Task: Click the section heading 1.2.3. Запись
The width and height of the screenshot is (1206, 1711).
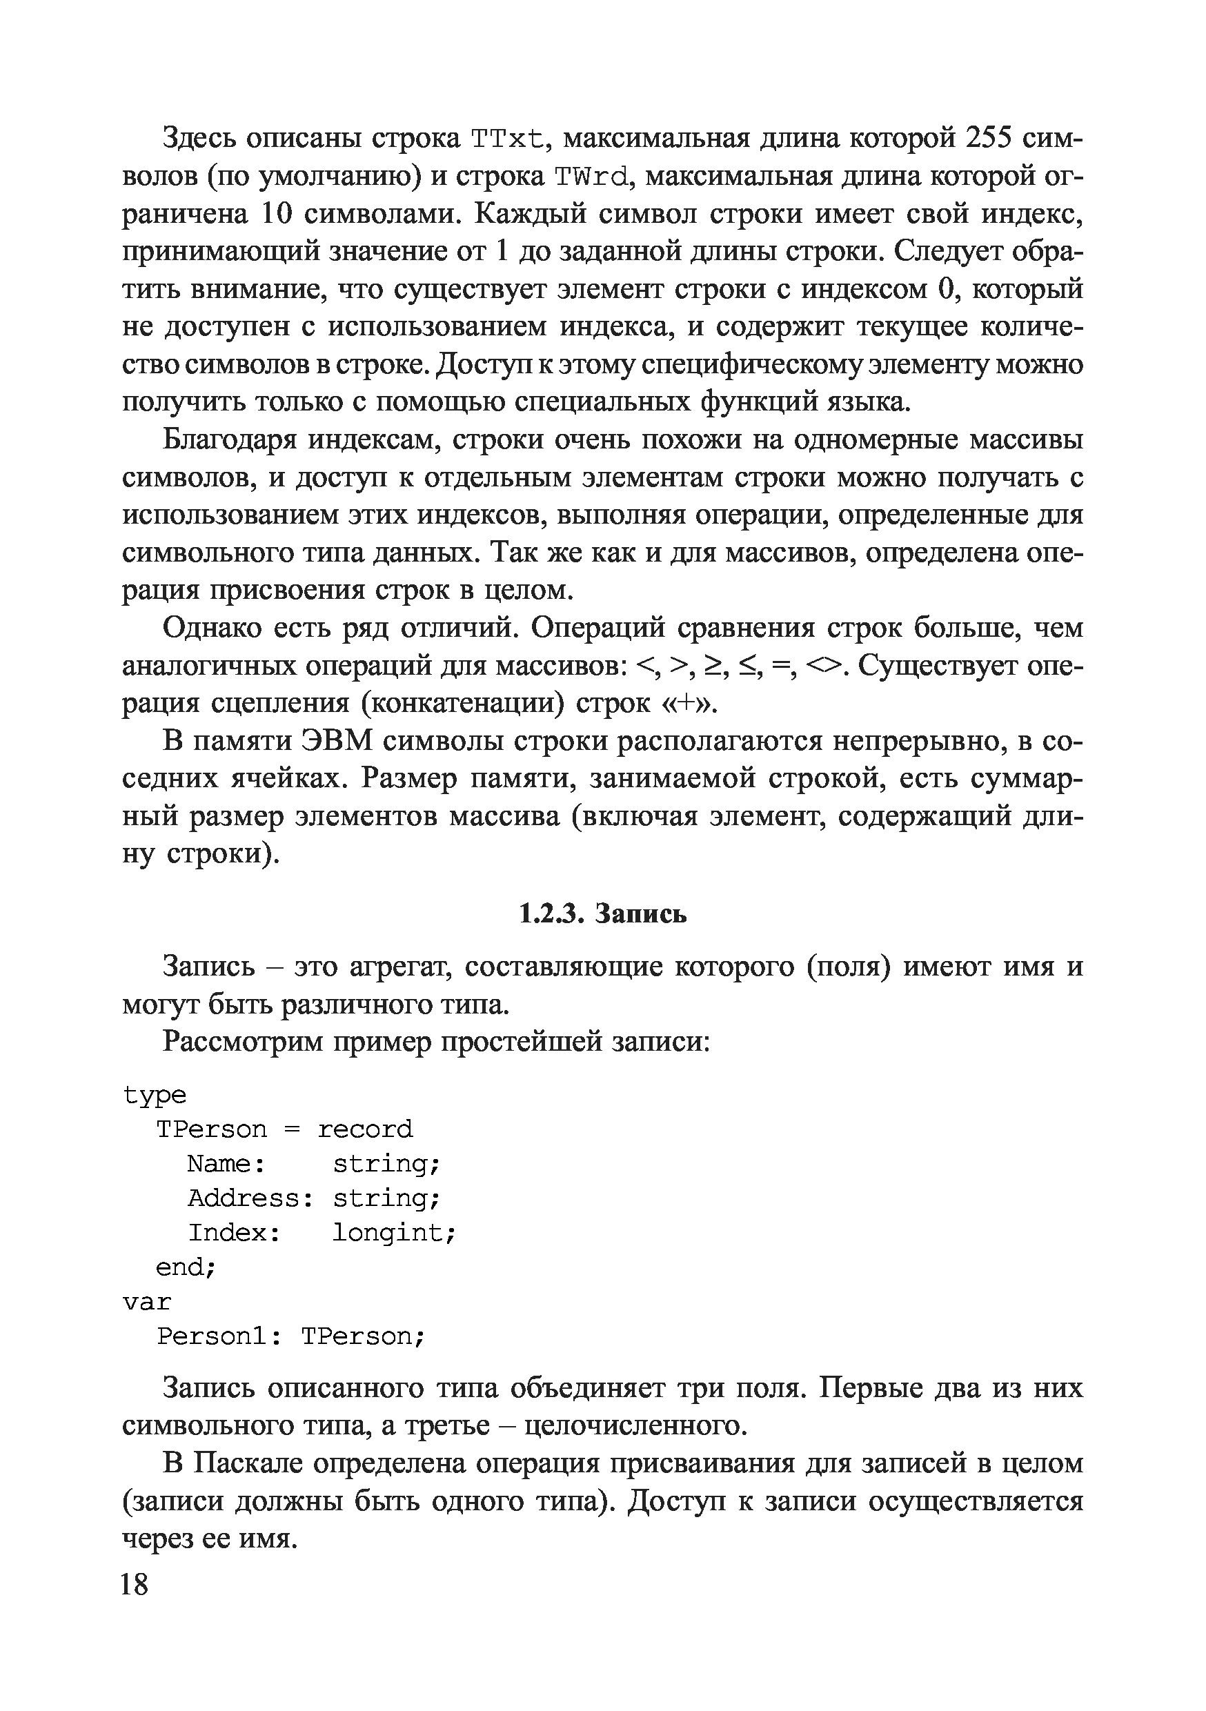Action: coord(602,913)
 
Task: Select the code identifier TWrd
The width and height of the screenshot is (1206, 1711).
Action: coord(593,177)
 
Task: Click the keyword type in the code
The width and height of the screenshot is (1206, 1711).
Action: coord(155,1095)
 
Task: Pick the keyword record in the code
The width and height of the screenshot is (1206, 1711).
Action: coord(365,1129)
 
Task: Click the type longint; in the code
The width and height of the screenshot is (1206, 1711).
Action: coord(393,1233)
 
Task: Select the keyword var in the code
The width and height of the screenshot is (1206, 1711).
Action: coord(148,1302)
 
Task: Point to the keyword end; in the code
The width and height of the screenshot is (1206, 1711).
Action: coord(186,1267)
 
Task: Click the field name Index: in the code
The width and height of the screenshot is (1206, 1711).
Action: coord(234,1233)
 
